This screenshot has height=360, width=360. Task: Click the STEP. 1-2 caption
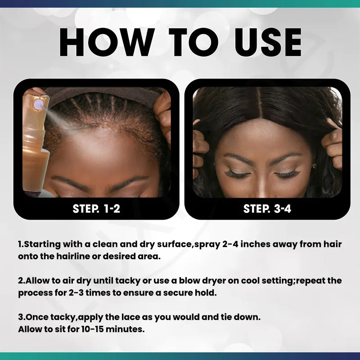point(96,209)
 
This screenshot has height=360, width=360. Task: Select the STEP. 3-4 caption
point(267,209)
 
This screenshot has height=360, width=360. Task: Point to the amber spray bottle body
point(36,153)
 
